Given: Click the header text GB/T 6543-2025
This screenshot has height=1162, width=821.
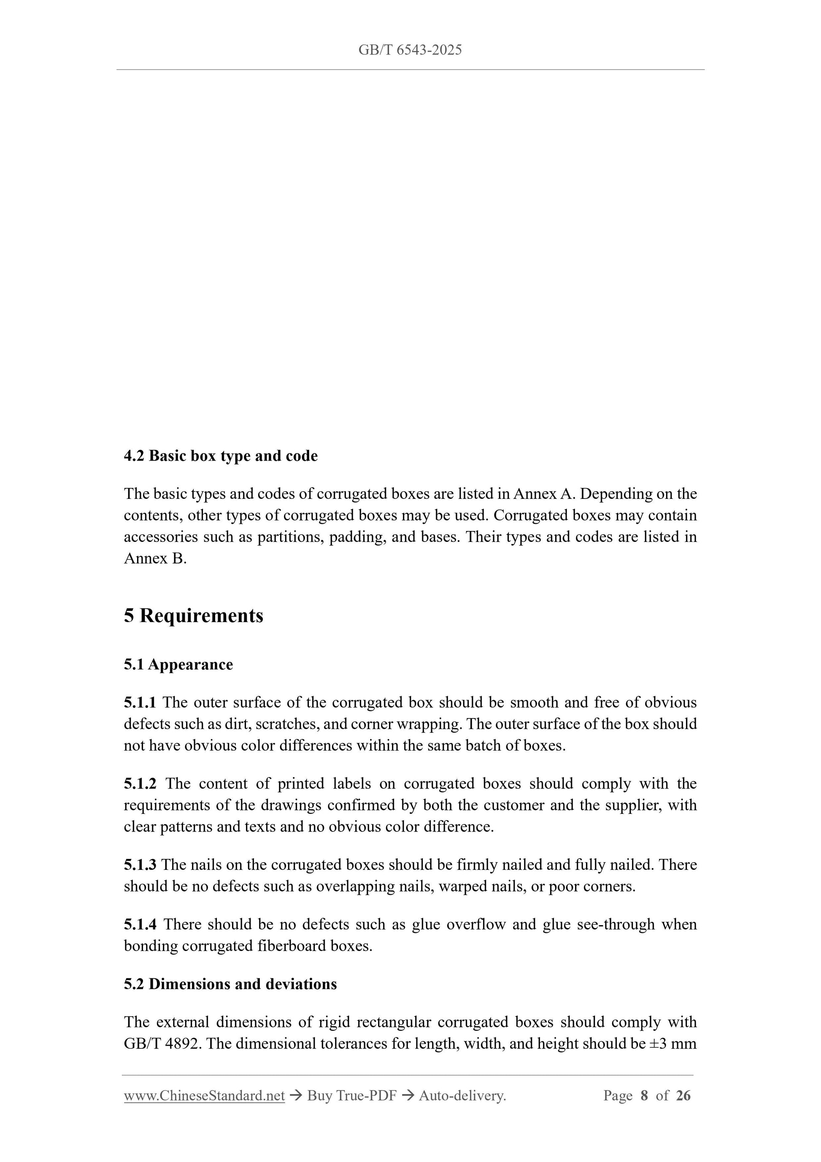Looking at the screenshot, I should point(410,50).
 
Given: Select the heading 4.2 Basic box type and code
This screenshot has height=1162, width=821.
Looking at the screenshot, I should point(221,455).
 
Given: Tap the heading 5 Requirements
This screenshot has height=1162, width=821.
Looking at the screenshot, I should point(194,615).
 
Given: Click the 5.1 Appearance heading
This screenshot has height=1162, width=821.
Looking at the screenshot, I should point(178,664).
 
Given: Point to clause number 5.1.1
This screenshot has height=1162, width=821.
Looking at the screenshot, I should point(140,702).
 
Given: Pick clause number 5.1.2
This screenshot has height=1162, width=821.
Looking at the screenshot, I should point(140,783).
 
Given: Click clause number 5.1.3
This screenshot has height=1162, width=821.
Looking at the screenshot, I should point(140,865).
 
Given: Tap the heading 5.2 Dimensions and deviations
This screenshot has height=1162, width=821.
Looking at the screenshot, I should point(230,984).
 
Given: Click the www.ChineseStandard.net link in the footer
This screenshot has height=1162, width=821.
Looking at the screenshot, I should point(204,1096).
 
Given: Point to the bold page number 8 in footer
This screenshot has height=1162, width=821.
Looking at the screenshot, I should point(644,1096).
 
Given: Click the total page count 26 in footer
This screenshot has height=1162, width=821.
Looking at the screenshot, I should point(683,1096).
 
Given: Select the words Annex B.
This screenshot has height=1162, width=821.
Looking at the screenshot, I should point(155,558).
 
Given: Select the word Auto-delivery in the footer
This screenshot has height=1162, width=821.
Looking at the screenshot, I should point(462,1096).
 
